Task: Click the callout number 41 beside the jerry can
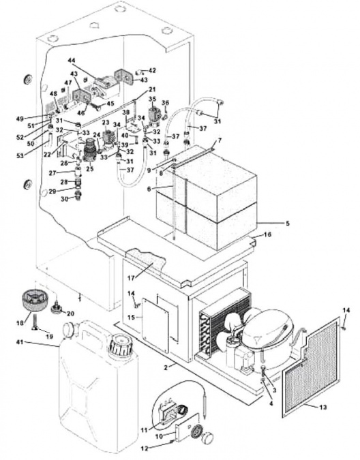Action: [x=19, y=341]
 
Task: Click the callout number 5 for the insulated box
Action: [x=286, y=223]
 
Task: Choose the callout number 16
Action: [x=267, y=234]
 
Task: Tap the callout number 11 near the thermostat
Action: [x=144, y=429]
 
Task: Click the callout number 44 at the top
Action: [x=71, y=60]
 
